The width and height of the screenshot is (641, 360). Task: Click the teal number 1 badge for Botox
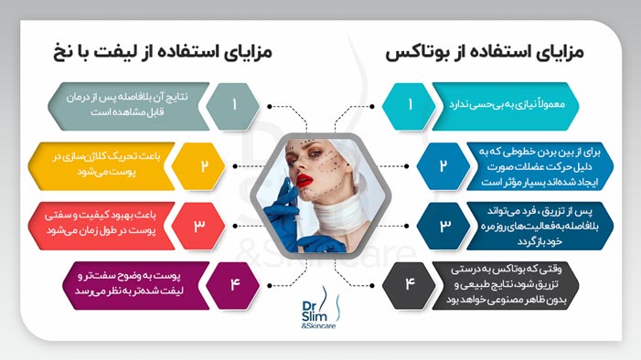[411, 103]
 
